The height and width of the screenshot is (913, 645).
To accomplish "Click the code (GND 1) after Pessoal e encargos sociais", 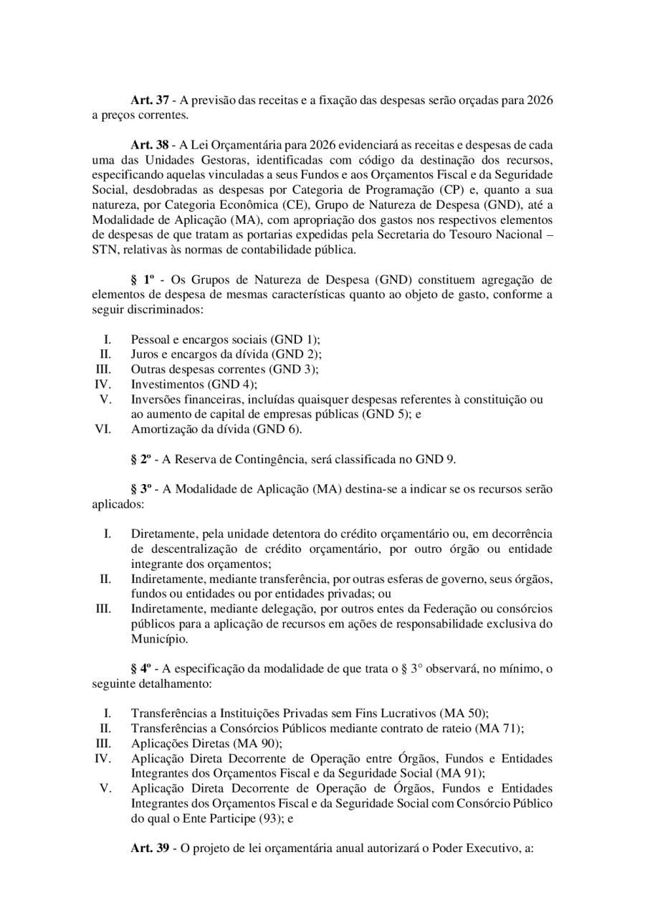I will click(296, 339).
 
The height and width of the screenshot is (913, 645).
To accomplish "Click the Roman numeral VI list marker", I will click(103, 430).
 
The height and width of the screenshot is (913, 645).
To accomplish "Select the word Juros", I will click(145, 354).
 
